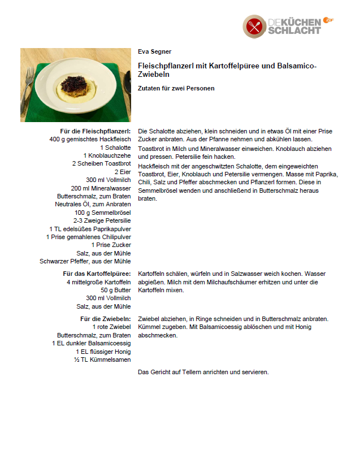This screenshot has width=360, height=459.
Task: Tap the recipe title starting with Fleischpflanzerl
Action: (227, 70)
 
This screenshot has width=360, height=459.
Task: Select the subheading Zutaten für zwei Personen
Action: (176, 88)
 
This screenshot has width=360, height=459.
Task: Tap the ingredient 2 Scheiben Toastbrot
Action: (101, 163)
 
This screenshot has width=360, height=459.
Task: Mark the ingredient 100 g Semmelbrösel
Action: (102, 213)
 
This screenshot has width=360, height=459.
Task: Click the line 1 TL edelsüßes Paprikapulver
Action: (90, 229)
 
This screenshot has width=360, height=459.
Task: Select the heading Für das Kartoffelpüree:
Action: (97, 274)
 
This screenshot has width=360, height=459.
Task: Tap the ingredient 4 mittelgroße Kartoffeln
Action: (98, 282)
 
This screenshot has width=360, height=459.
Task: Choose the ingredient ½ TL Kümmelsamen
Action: (102, 360)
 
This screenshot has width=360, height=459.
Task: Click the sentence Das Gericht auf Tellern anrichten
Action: (203, 372)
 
